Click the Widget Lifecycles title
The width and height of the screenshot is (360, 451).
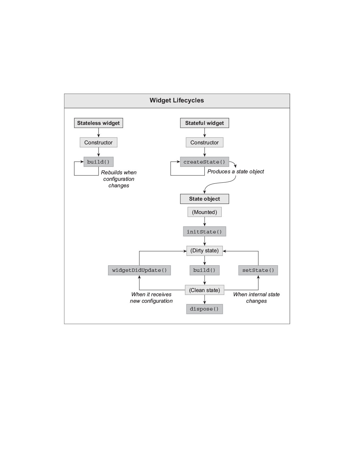point(177,100)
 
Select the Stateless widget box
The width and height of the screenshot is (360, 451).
point(98,123)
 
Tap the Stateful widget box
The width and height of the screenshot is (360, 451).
point(204,123)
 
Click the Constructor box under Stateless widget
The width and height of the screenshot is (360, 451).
point(98,142)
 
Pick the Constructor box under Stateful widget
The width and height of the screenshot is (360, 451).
point(204,142)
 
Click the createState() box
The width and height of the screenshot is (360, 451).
point(204,162)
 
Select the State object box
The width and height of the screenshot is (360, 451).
point(204,199)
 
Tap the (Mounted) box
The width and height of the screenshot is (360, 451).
point(204,212)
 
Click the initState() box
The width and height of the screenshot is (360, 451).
point(204,232)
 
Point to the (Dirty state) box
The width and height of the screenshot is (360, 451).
point(204,251)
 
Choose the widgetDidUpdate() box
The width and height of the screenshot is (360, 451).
point(139,270)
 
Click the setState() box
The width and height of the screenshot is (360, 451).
point(258,270)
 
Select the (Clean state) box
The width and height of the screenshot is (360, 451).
point(204,290)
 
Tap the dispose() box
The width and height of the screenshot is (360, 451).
point(204,309)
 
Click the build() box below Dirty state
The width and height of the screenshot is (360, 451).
point(204,270)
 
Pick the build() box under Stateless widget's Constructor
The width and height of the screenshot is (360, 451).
point(98,162)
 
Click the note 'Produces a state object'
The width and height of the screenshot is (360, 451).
point(235,172)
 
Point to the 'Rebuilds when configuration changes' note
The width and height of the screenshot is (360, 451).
point(118,179)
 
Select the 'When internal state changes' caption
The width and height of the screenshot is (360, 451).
point(256,298)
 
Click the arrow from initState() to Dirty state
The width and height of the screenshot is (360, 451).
point(204,241)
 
